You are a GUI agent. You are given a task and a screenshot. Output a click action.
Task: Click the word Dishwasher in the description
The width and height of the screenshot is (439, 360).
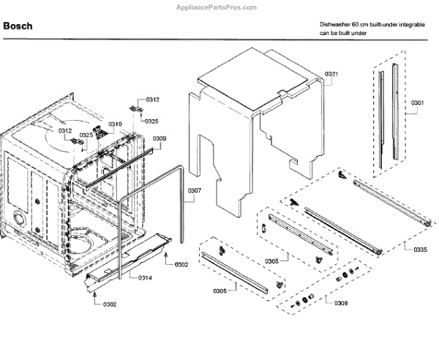335,24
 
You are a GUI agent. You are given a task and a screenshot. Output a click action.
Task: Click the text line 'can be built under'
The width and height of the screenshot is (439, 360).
342,34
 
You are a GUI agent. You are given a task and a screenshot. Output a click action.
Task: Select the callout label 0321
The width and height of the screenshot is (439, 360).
331,74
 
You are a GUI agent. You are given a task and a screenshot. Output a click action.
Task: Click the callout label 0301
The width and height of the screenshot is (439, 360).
417,102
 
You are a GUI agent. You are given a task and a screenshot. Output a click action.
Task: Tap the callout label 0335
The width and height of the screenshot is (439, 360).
419,250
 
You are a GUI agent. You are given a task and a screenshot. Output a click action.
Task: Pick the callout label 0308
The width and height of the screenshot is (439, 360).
341,302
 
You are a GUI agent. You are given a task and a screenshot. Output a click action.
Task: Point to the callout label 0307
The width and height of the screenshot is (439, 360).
194,192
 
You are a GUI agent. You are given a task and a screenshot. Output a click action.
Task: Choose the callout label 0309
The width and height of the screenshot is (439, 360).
160,138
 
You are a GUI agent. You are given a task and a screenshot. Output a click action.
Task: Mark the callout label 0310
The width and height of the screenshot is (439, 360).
116,124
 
